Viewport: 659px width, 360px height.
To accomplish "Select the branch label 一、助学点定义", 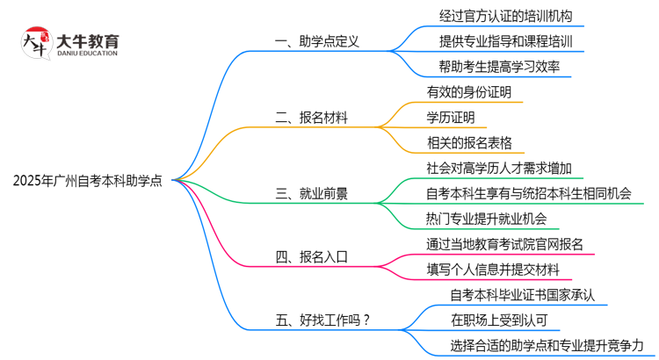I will click(317, 41).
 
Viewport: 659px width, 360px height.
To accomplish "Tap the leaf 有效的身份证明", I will click(469, 91).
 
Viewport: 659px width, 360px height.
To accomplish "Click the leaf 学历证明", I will click(450, 116).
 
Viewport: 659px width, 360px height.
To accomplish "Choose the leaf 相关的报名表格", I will click(469, 141).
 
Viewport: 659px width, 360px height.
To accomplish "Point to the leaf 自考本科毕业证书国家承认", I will click(521, 294).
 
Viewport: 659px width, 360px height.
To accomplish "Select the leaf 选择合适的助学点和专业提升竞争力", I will click(547, 345).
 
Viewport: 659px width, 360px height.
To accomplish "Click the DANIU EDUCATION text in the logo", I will click(87, 54).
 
